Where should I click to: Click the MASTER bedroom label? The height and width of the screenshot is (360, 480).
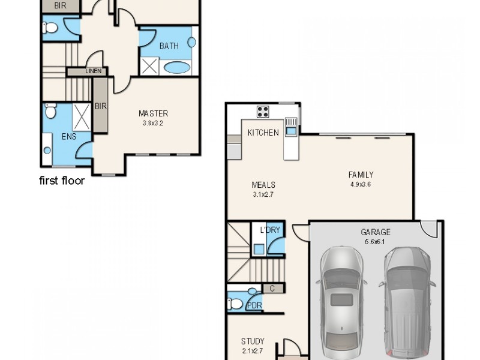pos(153,113)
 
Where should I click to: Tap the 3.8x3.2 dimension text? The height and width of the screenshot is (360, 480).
pos(153,123)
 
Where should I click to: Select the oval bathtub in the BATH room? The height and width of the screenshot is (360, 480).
pos(176,66)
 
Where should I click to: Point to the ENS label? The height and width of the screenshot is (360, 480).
pos(69,137)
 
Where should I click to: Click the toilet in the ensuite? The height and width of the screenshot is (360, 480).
pos(50,112)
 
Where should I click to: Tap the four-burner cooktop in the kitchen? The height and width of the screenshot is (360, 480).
pos(263,111)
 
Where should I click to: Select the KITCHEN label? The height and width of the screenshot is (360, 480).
pos(263,132)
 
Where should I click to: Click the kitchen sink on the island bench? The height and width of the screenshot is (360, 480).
pos(291,130)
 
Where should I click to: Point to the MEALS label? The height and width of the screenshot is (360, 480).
pos(264,185)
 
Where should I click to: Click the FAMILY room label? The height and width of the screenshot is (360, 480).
pos(361,175)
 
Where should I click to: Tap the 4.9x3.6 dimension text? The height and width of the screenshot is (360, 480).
pos(361,184)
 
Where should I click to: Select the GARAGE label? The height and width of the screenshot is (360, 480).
pos(376,232)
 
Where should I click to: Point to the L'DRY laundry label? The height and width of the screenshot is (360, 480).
pos(270,230)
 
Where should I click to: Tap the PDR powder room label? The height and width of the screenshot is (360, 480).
pos(254,305)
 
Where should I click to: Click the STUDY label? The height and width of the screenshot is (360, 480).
pos(253,341)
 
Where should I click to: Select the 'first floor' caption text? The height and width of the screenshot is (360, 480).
pos(62,181)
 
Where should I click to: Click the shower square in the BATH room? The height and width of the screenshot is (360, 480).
pos(150,65)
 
